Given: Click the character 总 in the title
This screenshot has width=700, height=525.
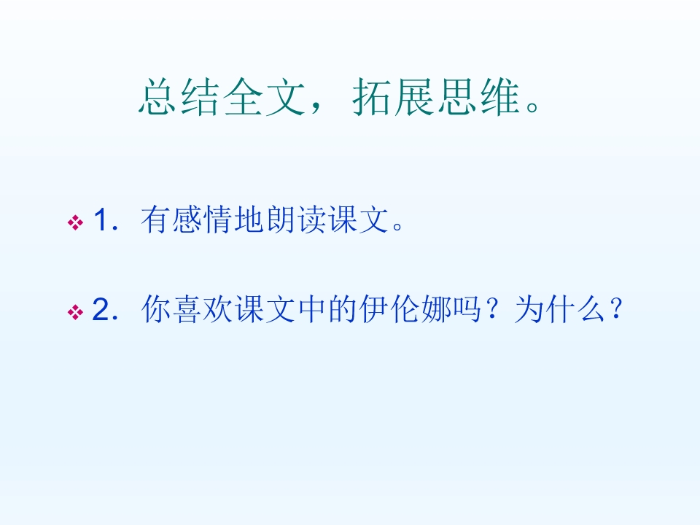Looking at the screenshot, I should [x=157, y=98].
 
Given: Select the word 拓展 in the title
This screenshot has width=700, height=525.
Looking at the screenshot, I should [x=390, y=98].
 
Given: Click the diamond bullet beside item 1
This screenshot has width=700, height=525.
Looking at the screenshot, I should [x=74, y=222].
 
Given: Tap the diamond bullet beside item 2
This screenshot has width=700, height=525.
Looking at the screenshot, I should [x=74, y=314].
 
